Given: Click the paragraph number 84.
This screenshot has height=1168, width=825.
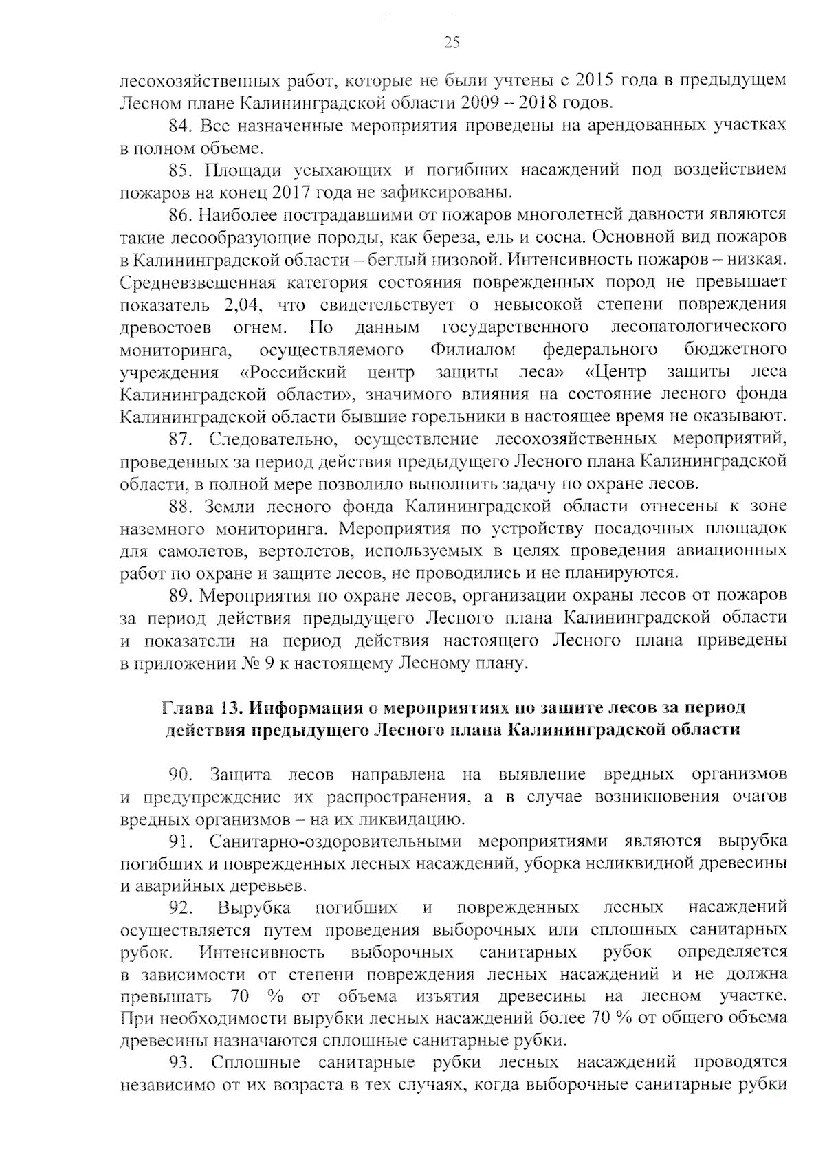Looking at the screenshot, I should [x=180, y=125].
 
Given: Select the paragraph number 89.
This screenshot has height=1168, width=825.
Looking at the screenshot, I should [x=180, y=594].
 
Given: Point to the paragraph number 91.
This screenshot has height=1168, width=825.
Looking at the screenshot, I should [x=180, y=841].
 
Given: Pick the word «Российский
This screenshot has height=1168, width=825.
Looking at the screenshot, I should [x=292, y=372].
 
